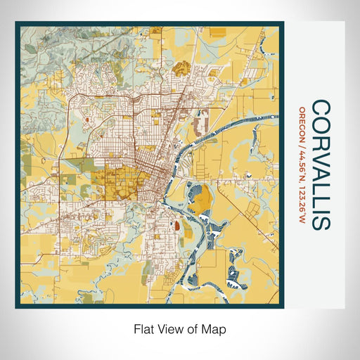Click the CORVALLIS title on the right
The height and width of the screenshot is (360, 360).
pos(320,165)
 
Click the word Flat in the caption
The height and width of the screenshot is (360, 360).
pos(143,328)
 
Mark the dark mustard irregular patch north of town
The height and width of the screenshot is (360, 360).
pos(181,68)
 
